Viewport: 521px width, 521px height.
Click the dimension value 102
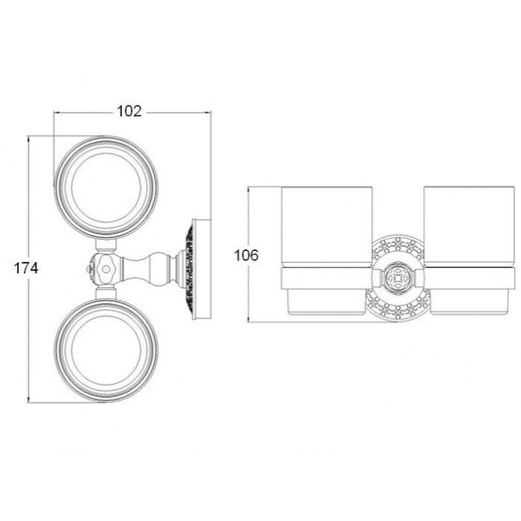tap(130, 112)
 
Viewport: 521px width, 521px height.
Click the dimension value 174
tap(26, 268)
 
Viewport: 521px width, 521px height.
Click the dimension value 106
tap(246, 255)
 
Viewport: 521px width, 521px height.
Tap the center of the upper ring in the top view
tap(106, 188)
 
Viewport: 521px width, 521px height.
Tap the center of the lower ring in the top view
tap(106, 351)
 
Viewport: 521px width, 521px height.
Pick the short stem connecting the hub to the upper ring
tap(106, 246)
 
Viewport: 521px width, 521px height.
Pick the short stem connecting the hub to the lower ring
tap(106, 292)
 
